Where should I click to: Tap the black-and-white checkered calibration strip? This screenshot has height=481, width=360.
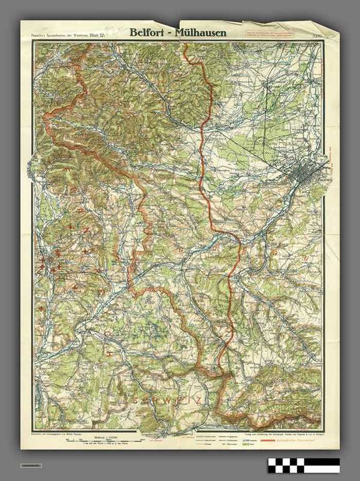[303, 465]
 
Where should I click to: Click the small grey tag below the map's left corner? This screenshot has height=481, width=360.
[31, 465]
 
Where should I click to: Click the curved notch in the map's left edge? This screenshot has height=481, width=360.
[29, 159]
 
